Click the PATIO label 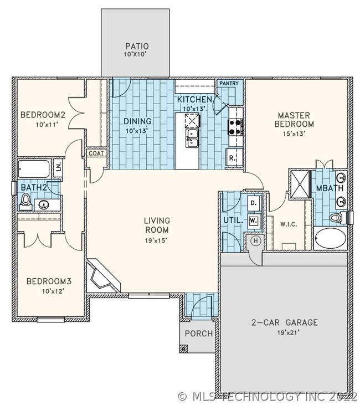(x=137, y=46)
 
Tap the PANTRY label (x=229, y=84)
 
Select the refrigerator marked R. (x=234, y=157)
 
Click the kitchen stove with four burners (x=235, y=127)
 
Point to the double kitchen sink (x=192, y=138)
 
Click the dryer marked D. (x=254, y=203)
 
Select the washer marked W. (x=254, y=221)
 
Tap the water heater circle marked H (x=256, y=241)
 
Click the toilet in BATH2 (x=25, y=202)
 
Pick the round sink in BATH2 (x=44, y=205)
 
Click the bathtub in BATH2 (x=34, y=169)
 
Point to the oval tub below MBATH (x=330, y=239)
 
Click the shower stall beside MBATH (x=300, y=184)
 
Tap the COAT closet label (x=96, y=153)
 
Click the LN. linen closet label (x=58, y=167)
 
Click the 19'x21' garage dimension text (x=289, y=332)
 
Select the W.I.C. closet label (x=289, y=224)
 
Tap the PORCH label (x=199, y=334)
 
